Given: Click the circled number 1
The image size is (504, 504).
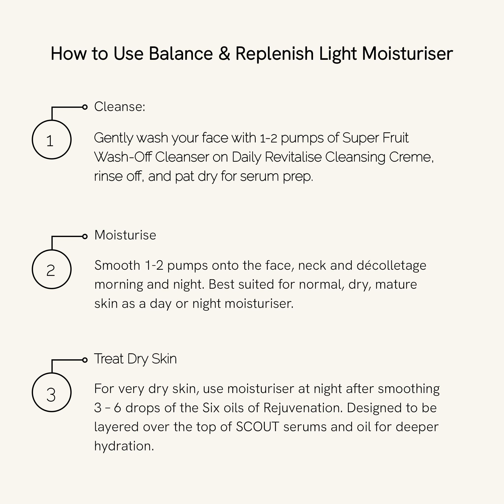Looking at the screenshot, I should (x=52, y=140).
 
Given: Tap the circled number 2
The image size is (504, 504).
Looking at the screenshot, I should (x=52, y=269).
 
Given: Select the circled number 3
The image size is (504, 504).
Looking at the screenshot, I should (x=52, y=392).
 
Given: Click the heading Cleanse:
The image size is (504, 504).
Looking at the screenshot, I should (x=119, y=107).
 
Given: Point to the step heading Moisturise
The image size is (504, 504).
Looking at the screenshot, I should (x=125, y=235).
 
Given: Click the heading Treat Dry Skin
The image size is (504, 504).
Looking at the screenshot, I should (x=135, y=359).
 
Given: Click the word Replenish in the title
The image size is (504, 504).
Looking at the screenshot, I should (x=274, y=54).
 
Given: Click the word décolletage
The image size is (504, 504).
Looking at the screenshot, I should (x=391, y=266).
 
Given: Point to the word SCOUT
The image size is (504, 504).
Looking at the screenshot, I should (x=257, y=427).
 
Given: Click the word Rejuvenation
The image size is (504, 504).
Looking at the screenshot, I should (x=303, y=408).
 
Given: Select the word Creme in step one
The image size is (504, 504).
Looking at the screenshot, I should (x=411, y=157).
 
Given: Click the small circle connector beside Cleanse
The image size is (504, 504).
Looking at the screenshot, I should (x=85, y=107).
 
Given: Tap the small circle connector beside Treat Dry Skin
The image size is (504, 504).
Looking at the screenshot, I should (x=85, y=360).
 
